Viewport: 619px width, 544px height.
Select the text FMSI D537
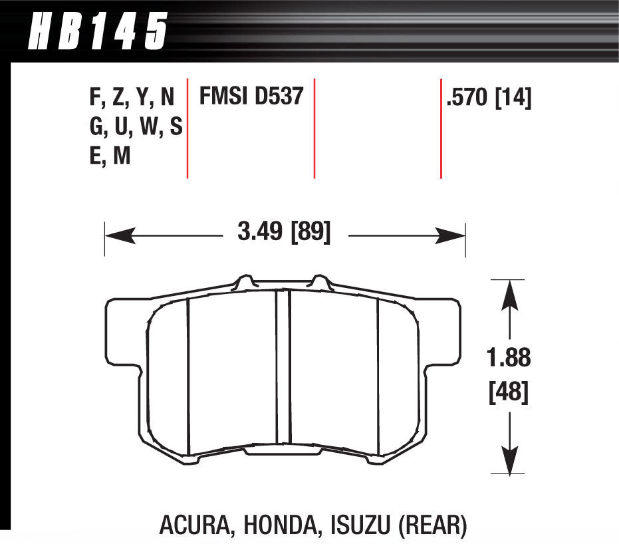[251, 98]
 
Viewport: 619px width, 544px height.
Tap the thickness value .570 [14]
[489, 98]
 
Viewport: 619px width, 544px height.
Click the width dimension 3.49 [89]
[283, 233]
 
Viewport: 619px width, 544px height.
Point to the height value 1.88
[509, 358]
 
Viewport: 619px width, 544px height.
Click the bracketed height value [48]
[509, 393]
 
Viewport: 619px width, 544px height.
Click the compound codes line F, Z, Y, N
[131, 98]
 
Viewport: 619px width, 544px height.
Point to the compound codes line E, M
[110, 156]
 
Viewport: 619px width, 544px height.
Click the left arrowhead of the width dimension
[114, 235]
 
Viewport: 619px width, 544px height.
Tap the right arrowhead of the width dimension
[455, 235]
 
